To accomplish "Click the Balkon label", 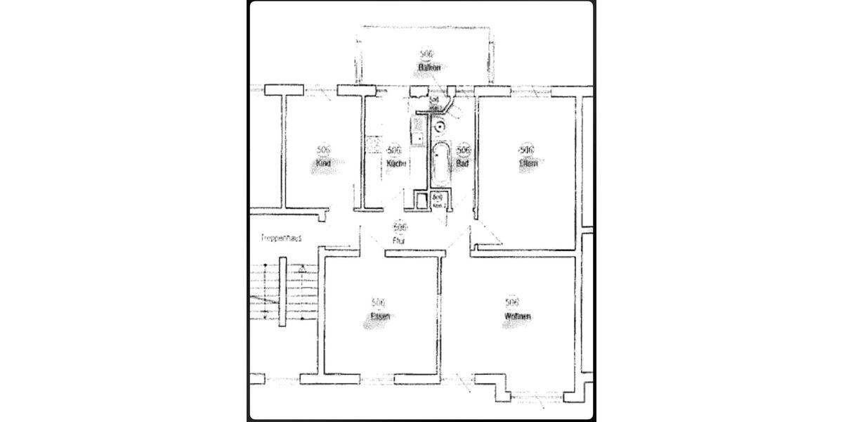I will pyautogui.click(x=429, y=68).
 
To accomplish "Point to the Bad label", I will pyautogui.click(x=462, y=163).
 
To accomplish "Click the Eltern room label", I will pyautogui.click(x=528, y=163).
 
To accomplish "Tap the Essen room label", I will pyautogui.click(x=380, y=316).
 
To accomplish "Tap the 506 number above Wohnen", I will pyautogui.click(x=513, y=302).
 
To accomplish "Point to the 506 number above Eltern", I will pyautogui.click(x=526, y=150).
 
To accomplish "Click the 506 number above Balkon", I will pyautogui.click(x=426, y=54).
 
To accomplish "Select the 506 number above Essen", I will pyautogui.click(x=379, y=302).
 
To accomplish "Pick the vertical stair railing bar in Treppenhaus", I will pyautogui.click(x=282, y=291).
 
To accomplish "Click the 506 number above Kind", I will pyautogui.click(x=323, y=150).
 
